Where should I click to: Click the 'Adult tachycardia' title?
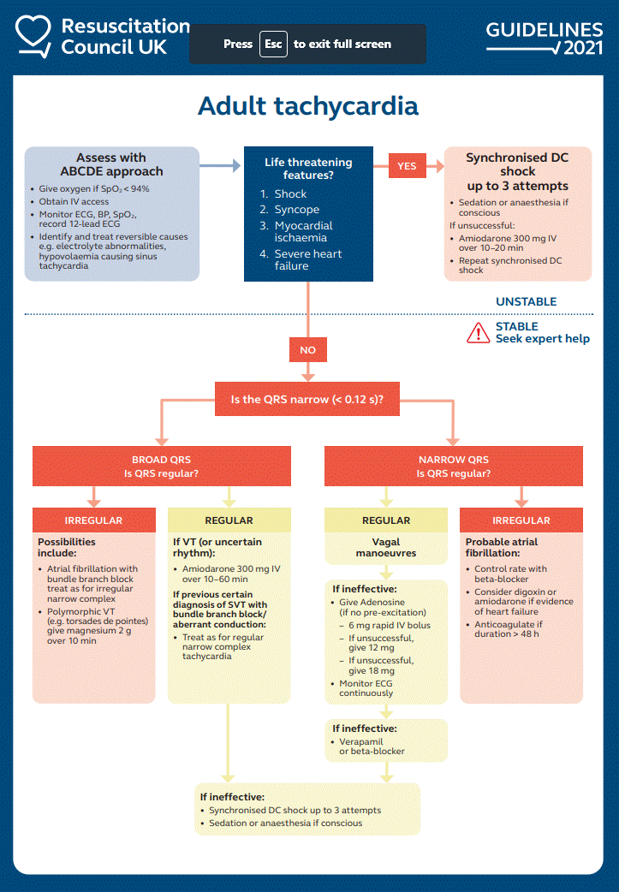(x=308, y=106)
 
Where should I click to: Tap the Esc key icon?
(x=273, y=44)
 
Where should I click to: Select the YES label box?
(x=407, y=165)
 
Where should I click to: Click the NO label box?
(x=307, y=350)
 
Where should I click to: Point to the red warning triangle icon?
(x=479, y=333)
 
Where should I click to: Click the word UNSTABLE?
(x=526, y=301)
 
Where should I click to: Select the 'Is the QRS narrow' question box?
(x=307, y=398)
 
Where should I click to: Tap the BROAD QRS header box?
(x=161, y=467)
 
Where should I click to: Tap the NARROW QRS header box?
(x=453, y=467)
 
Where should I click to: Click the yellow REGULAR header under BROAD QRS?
(x=229, y=520)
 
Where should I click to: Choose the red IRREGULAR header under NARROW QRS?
(x=521, y=520)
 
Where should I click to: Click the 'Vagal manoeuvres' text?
(x=385, y=548)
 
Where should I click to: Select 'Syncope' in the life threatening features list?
(x=297, y=210)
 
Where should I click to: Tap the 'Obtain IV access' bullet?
(x=74, y=201)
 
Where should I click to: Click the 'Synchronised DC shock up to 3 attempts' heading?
(x=517, y=171)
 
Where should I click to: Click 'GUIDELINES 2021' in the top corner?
(x=545, y=38)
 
